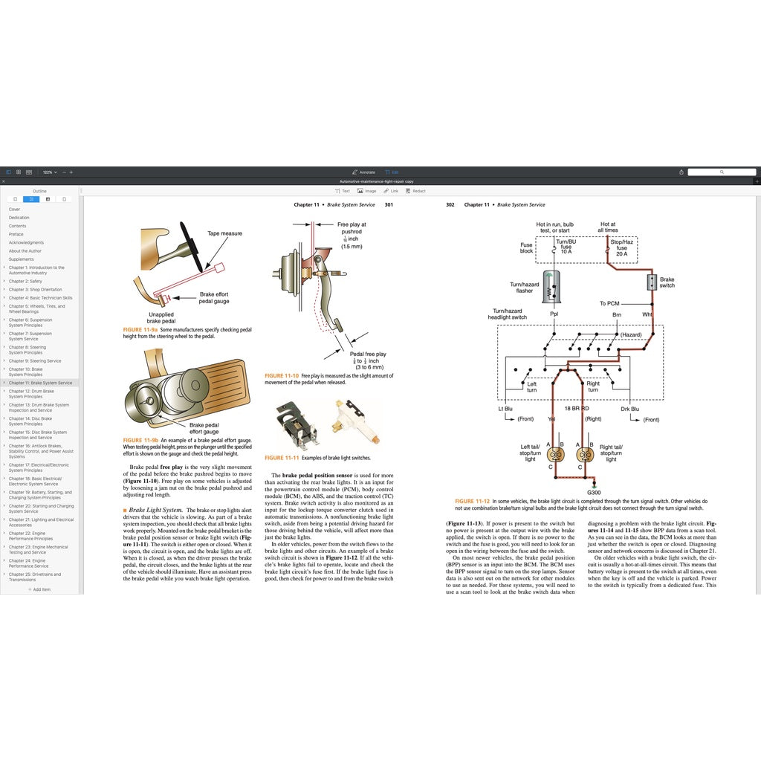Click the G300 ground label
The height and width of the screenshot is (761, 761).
tap(594, 492)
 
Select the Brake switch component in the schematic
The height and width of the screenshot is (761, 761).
tap(652, 282)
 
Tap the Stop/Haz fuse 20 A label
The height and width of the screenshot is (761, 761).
tap(621, 247)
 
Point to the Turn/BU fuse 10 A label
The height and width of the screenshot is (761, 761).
tap(566, 247)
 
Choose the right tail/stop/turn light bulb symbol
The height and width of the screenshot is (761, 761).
tap(585, 454)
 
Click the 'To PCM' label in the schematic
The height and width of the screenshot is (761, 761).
tap(609, 303)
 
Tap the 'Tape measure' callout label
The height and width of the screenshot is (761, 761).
tap(224, 233)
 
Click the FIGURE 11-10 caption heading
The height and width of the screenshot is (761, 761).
tap(282, 376)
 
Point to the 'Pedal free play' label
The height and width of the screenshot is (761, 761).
tap(368, 354)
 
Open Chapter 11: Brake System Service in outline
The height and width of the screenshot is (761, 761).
tap(41, 383)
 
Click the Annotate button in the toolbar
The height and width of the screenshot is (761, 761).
tap(364, 172)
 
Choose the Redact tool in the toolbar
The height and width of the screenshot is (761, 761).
tap(415, 191)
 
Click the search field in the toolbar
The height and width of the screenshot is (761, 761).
tap(721, 172)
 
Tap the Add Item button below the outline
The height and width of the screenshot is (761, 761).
tap(40, 589)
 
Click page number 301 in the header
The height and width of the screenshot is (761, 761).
tap(388, 204)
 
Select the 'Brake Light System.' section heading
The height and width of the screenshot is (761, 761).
tap(155, 510)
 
